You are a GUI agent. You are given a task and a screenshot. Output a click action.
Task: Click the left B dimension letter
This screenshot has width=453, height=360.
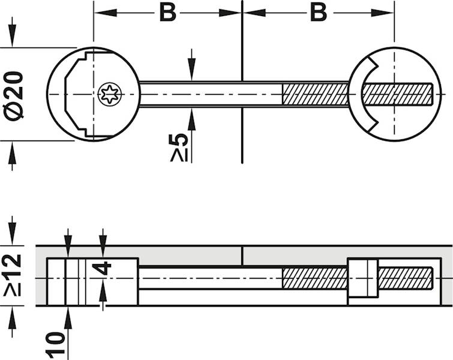pyautogui.click(x=167, y=13)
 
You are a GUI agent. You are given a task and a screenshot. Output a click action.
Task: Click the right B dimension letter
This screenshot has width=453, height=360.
pyautogui.click(x=318, y=13)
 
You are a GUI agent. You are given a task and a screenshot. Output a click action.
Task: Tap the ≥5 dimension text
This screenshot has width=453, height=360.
pyautogui.click(x=179, y=146)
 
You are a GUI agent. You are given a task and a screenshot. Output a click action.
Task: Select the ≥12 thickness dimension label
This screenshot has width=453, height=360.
pyautogui.click(x=13, y=275)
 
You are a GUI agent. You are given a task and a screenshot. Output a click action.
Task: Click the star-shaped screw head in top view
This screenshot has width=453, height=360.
pyautogui.click(x=110, y=94)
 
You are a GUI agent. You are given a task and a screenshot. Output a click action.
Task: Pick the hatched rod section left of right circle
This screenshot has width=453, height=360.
pyautogui.click(x=315, y=94)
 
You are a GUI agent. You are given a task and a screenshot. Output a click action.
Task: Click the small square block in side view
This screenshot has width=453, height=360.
pyautogui.click(x=362, y=278)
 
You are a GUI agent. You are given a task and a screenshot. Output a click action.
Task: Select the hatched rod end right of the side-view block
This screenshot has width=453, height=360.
pyautogui.click(x=405, y=278)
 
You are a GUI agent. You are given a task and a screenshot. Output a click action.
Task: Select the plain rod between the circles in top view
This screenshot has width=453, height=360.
pyautogui.click(x=210, y=94)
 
